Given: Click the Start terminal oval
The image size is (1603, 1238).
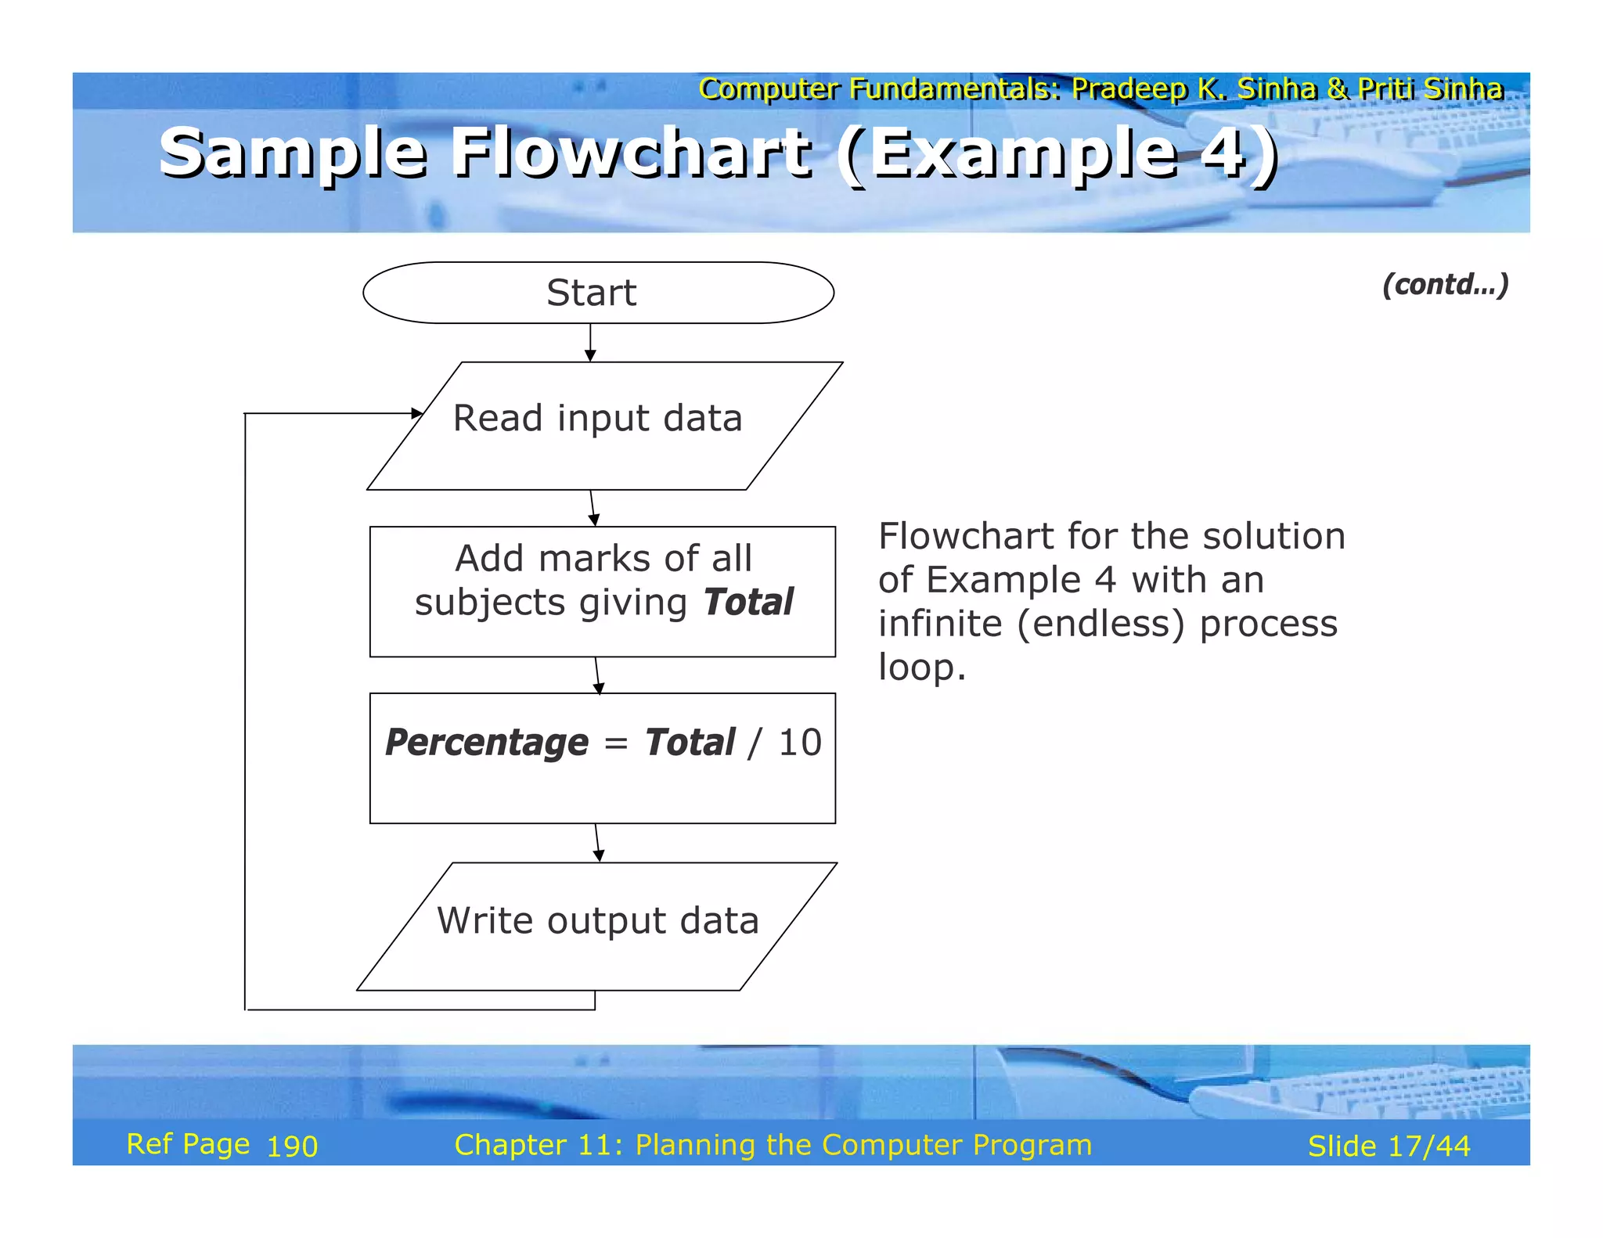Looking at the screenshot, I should click(598, 293).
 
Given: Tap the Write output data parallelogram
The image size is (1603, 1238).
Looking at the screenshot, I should click(596, 927).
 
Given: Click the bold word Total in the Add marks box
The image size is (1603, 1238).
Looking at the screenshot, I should click(747, 603).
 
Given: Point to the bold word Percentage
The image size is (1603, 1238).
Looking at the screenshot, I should click(486, 743).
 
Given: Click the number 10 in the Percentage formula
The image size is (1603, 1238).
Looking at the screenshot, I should click(799, 743).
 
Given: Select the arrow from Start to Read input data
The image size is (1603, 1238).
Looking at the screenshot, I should click(590, 342).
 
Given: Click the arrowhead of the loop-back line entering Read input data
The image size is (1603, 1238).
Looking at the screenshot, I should click(416, 413).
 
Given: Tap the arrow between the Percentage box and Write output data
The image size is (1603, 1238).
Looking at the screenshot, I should click(597, 843).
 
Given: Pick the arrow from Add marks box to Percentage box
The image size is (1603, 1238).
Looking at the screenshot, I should click(597, 675).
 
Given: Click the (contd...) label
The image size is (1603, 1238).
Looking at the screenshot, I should click(1445, 284).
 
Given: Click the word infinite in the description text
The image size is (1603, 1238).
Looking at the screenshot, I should click(939, 624).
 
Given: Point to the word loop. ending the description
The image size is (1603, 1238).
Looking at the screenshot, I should click(921, 668).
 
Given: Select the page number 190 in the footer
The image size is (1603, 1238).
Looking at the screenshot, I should click(292, 1146).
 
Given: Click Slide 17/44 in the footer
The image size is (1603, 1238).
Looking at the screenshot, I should click(1389, 1146).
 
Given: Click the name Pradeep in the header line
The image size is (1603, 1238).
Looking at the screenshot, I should click(1129, 89).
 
